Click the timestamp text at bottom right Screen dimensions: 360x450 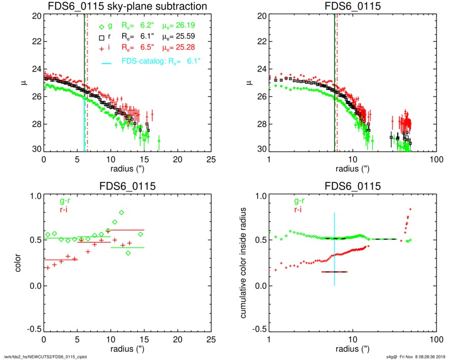tap(416, 356)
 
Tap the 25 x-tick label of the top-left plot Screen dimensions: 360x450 tap(211, 159)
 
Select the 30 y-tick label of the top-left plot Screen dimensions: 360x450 tap(36, 149)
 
